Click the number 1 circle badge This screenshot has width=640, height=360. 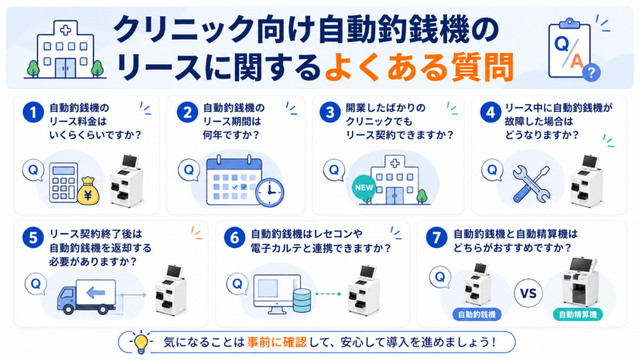click(x=33, y=112)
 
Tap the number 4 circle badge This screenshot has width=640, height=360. click(x=490, y=112)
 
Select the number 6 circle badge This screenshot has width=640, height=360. click(x=234, y=237)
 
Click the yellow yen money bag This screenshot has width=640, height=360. click(x=88, y=191)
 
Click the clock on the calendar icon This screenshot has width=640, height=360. click(x=269, y=192)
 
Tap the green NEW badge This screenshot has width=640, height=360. click(x=364, y=187)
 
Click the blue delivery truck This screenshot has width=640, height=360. click(x=86, y=297)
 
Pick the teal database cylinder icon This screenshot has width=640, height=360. click(x=302, y=301)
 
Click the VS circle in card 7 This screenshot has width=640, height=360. click(x=527, y=293)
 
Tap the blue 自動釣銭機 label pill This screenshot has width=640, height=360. click(x=477, y=314)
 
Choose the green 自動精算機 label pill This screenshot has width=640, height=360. click(x=577, y=314)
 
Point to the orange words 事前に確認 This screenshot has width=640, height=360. click(x=276, y=342)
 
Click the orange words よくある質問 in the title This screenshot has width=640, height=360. click(x=419, y=67)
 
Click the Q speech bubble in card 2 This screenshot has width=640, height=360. click(x=189, y=170)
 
